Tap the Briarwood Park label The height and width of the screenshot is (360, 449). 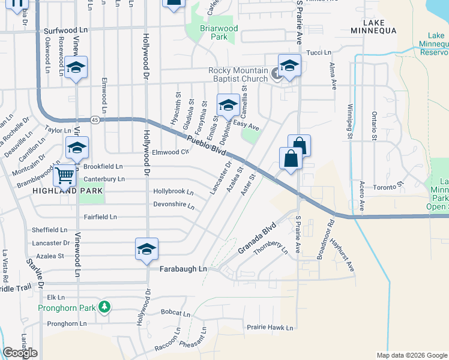pos(219,32)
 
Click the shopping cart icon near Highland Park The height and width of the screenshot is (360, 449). pos(64,176)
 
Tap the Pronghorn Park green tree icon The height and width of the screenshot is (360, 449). pos(105,307)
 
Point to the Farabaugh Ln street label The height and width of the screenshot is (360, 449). pos(183,269)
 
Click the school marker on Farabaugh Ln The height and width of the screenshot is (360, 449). pos(145,250)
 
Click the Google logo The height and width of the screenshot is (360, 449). pos(20,353)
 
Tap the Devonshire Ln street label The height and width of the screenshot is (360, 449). pos(174,206)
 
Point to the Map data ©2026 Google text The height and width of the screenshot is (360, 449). pos(411,355)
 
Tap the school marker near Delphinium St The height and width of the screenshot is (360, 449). pos(228,106)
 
